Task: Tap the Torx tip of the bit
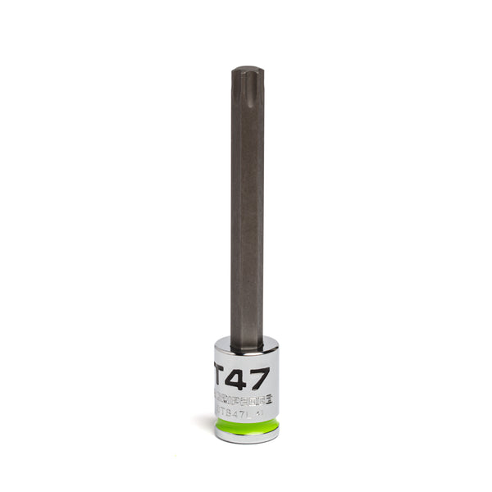[247, 82]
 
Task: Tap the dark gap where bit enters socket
[247, 347]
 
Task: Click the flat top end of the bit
[247, 69]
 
